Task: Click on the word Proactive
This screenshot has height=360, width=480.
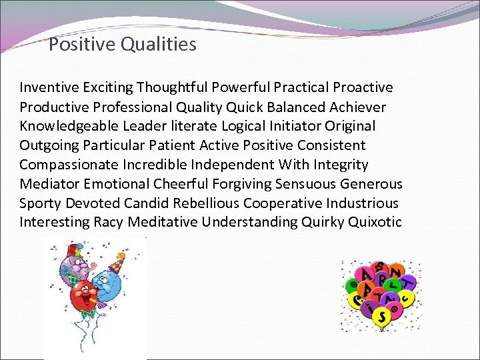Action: point(363,87)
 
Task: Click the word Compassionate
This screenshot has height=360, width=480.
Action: point(71,165)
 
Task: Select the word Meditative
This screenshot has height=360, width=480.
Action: point(163,222)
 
